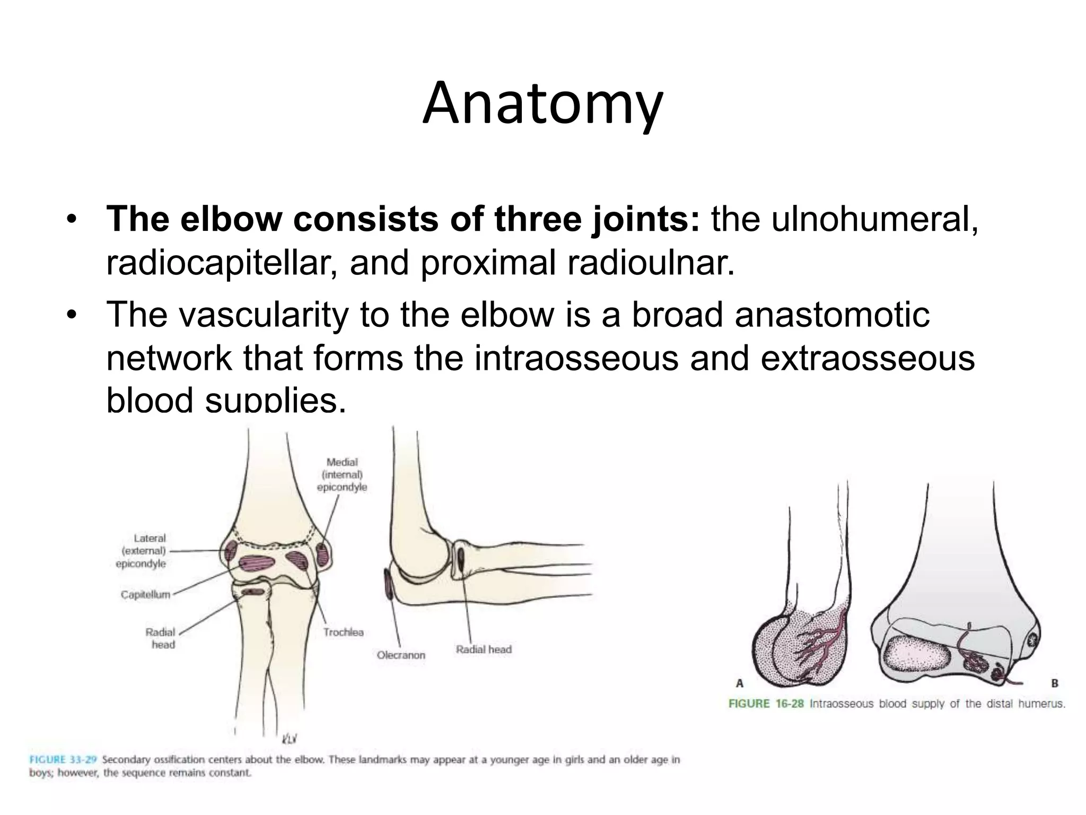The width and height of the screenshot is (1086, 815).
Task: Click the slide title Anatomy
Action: coord(542,105)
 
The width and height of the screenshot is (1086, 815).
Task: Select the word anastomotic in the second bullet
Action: coord(832,315)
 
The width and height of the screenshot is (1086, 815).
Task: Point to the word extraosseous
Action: coord(868,358)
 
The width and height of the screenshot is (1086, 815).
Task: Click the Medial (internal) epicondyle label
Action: coord(342,474)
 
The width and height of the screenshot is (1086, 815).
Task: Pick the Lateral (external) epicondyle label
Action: coord(142,551)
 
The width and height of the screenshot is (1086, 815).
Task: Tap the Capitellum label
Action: coord(145,595)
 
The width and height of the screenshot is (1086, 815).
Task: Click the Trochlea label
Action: coord(344,632)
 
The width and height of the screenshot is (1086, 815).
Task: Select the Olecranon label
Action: coord(401,655)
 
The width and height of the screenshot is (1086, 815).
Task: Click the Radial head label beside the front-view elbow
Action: coord(161,638)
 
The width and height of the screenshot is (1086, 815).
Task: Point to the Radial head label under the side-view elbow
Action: coord(484,649)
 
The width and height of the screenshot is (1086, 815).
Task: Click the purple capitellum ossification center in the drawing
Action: coord(256,563)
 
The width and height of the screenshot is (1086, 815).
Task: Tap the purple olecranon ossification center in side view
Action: coord(389,584)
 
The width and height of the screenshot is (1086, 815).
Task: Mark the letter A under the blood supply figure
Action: coord(739,684)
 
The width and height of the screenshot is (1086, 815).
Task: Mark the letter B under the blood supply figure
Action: coord(1054,684)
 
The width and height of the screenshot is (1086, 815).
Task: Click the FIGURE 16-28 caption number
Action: coord(766,704)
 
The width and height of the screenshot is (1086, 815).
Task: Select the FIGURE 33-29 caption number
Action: coord(63,759)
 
